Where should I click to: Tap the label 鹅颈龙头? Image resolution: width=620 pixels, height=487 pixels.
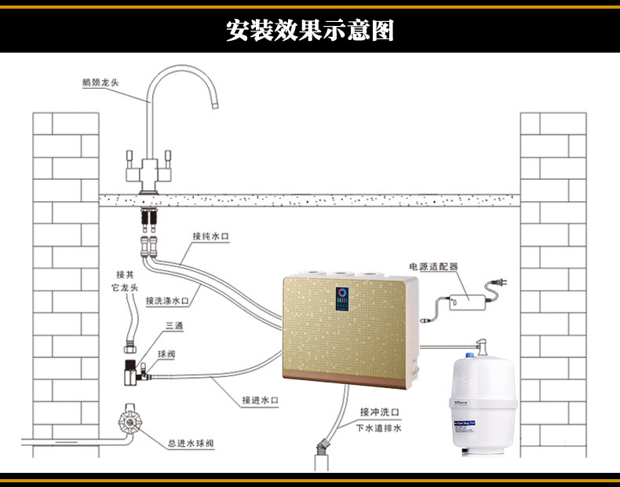click(100, 82)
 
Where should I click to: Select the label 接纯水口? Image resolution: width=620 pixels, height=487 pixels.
click(210, 236)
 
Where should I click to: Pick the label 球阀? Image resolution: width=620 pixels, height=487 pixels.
click(166, 355)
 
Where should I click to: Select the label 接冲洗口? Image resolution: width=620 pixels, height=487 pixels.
click(381, 412)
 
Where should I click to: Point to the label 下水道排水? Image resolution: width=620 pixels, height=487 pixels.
click(379, 429)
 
